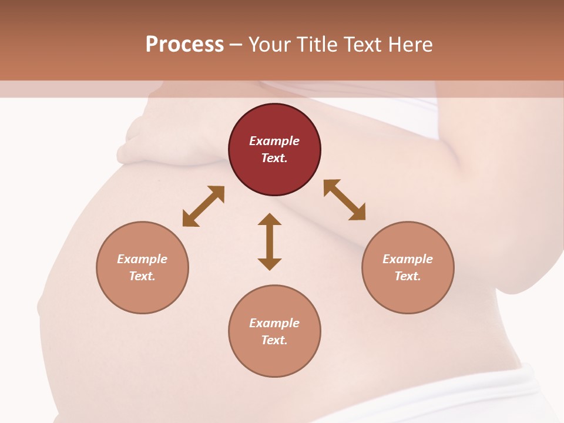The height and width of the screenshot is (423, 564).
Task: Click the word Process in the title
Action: point(184,45)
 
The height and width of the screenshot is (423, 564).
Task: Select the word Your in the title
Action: point(270,45)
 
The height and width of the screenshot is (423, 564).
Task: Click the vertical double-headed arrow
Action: point(270,241)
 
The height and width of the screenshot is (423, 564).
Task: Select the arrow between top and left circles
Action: point(203,206)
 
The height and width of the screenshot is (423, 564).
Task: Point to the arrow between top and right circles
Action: point(344,200)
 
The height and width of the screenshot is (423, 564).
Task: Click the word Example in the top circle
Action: point(274,141)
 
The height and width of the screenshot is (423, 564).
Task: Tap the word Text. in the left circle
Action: point(142,276)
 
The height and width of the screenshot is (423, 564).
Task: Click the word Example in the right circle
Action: point(408,259)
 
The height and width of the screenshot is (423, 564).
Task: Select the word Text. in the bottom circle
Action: point(274,340)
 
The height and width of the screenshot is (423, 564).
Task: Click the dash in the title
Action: point(236,45)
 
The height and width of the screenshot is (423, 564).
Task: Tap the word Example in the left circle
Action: point(142,259)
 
